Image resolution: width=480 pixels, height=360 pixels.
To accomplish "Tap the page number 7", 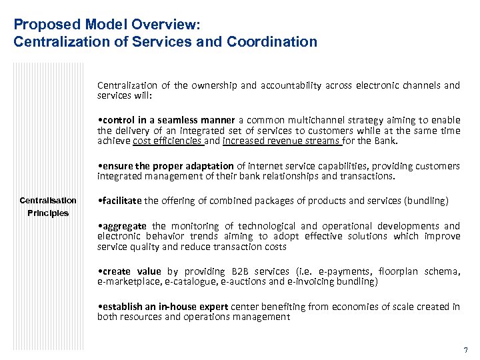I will coord(465,350).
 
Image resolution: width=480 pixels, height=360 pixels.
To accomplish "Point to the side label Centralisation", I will coord(48,201).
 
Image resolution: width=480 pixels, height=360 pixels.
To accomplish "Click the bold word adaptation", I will coord(210,166).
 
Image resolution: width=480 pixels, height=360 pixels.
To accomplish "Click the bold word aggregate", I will coord(122,226).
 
